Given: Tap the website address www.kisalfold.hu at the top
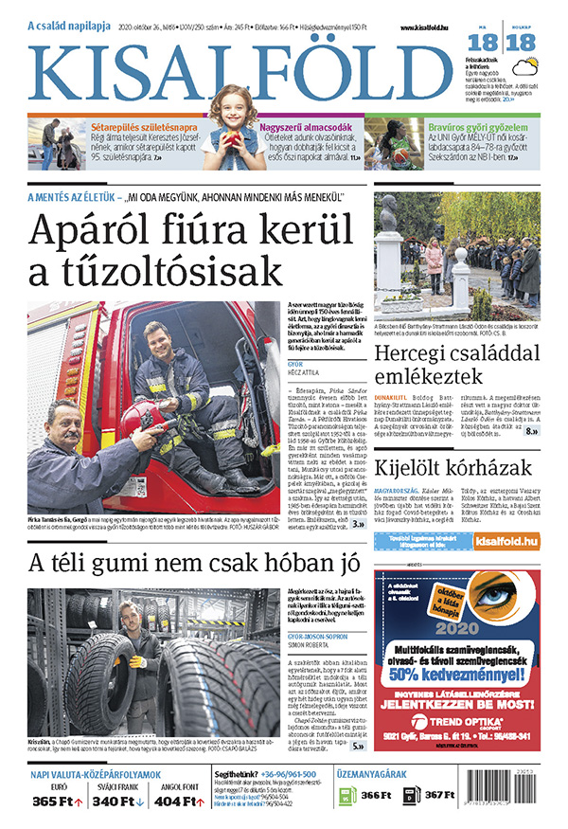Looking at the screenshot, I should tap(424, 29).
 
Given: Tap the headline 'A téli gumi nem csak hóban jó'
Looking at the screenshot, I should tap(194, 562).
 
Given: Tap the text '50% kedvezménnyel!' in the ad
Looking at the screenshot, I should tap(455, 674).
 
